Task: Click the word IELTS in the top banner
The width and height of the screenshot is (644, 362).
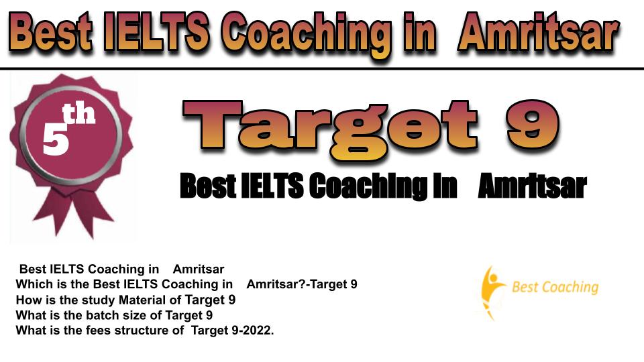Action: (157, 32)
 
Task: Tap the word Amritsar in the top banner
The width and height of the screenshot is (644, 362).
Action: (539, 32)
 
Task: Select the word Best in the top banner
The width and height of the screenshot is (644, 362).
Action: (50, 32)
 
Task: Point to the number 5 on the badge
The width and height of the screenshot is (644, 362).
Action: (56, 139)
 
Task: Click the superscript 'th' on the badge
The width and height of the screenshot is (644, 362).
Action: (79, 114)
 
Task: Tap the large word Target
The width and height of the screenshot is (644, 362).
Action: (330, 129)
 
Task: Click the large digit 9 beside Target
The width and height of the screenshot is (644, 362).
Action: (533, 125)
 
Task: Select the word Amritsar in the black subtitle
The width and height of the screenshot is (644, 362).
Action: (532, 186)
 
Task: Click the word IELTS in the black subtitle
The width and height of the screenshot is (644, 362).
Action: (272, 186)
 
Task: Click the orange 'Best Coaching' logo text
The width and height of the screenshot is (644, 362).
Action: (555, 287)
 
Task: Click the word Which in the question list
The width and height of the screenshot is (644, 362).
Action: (34, 284)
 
